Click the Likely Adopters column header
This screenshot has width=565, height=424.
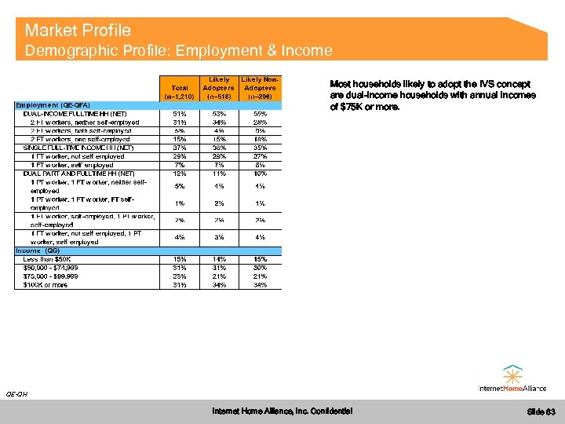tap(219, 88)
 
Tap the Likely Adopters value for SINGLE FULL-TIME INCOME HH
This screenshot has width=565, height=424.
tap(219, 148)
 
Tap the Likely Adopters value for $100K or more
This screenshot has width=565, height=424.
tap(219, 284)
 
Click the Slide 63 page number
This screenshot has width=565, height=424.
tap(541, 411)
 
